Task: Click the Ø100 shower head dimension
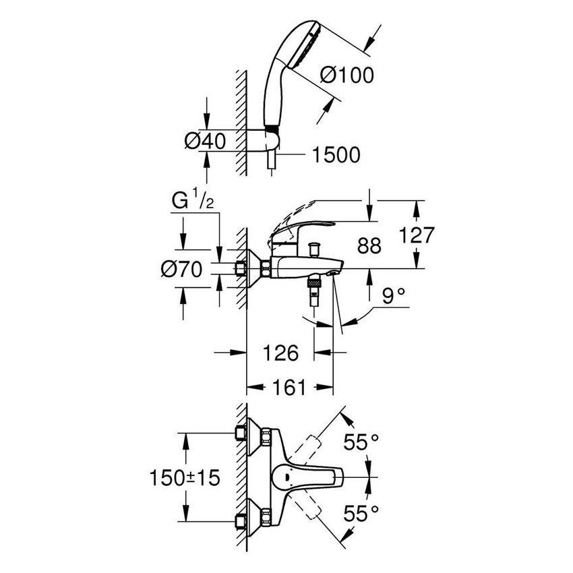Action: pos(346,75)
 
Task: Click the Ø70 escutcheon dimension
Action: pos(182,270)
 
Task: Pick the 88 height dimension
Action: pos(367,245)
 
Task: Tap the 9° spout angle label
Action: pos(392,295)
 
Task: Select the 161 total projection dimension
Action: pos(291,387)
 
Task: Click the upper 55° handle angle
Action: pos(361,442)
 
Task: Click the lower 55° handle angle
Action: pos(361,514)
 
